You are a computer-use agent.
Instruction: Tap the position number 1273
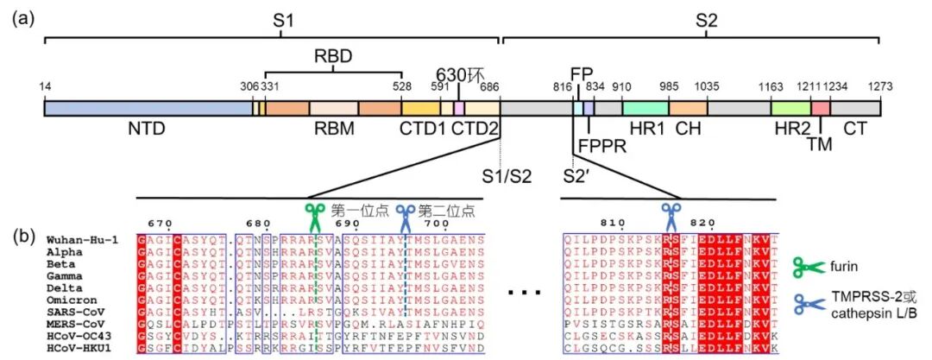[879, 87]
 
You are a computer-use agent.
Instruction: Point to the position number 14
[46, 87]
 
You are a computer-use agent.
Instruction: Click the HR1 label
[640, 129]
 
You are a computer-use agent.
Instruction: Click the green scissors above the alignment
[315, 212]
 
